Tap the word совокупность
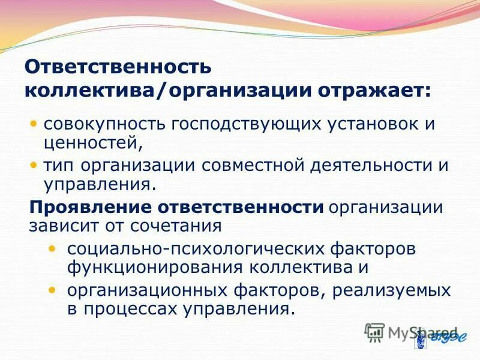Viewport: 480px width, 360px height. pyautogui.click(x=105, y=125)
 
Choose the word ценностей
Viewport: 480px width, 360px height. pyautogui.click(x=92, y=143)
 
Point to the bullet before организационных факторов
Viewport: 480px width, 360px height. pyautogui.click(x=54, y=290)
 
